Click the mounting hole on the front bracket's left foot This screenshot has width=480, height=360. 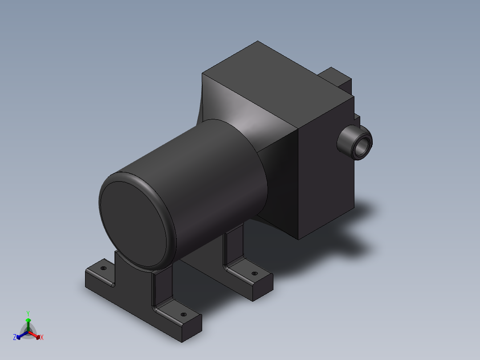pos(103,269)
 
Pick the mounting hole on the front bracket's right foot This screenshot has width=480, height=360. pos(183,315)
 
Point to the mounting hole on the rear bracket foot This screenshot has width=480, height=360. pos(254,274)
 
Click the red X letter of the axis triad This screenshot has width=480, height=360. pos(42,338)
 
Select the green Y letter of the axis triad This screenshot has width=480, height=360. pos(28,313)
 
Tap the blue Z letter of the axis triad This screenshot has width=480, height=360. pos(15,337)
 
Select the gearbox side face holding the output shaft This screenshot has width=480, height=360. pos(325,178)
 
